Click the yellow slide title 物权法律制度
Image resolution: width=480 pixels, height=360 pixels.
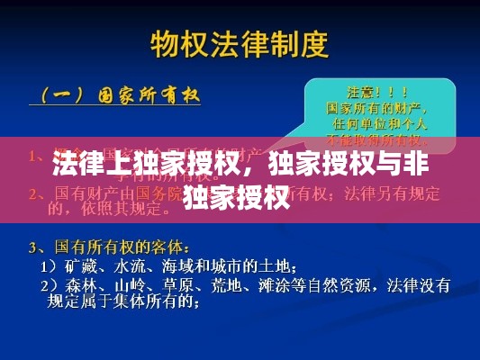(x=240, y=42)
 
